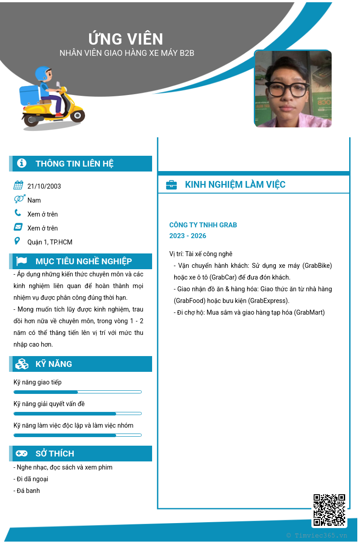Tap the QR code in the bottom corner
[x=329, y=510]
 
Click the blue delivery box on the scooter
[x=29, y=95]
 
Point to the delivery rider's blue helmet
[x=43, y=73]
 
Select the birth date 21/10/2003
[x=44, y=186]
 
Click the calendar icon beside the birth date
[x=18, y=185]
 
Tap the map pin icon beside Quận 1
[x=18, y=241]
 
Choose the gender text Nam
[x=34, y=200]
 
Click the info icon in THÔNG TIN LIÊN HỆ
[x=22, y=163]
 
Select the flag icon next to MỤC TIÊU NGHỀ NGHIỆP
[x=22, y=261]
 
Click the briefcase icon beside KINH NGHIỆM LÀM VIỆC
[x=171, y=185]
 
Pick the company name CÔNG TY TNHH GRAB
[x=203, y=225]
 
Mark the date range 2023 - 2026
[x=188, y=236]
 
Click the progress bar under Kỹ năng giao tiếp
[x=77, y=392]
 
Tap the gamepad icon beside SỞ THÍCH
[x=22, y=453]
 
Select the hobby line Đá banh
[x=27, y=491]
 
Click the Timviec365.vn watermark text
[x=317, y=535]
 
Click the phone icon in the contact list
[x=18, y=213]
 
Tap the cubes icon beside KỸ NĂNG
[x=22, y=364]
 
